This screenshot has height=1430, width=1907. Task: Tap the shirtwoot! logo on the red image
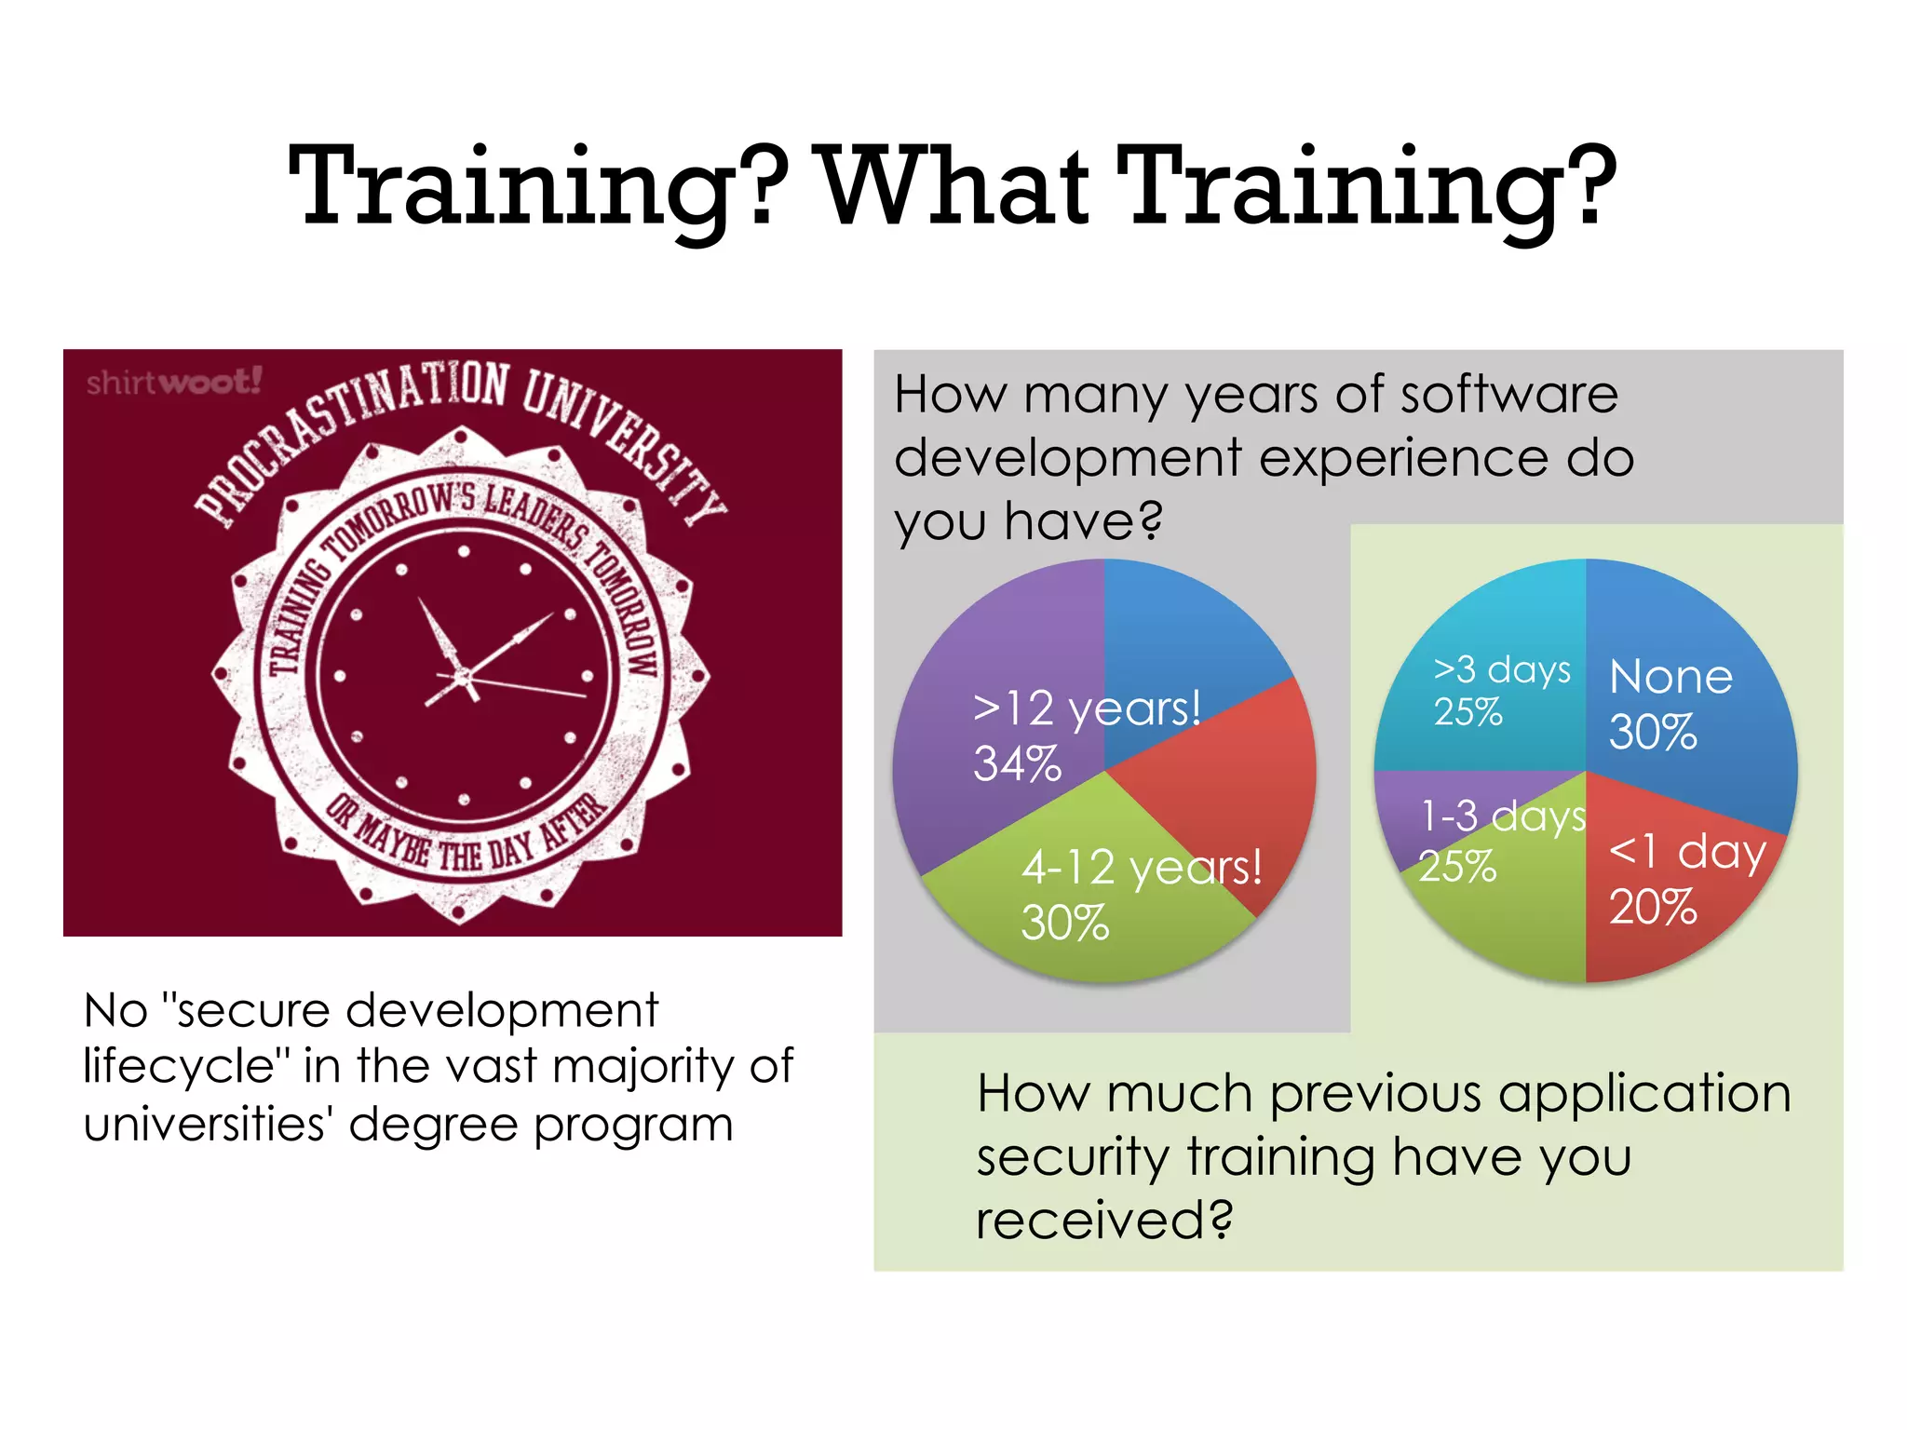tap(174, 382)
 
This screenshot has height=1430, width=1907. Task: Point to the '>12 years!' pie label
tap(1087, 708)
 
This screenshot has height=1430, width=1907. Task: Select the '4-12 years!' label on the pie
tap(1142, 868)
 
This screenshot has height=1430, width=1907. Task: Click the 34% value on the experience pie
tap(1017, 763)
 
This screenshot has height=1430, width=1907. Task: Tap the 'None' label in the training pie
tap(1671, 677)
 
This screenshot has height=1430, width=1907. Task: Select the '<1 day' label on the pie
tap(1687, 851)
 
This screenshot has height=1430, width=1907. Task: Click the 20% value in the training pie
tap(1653, 907)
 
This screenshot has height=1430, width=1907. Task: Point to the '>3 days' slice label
tap(1502, 669)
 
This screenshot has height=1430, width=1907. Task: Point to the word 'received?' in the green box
tap(1104, 1220)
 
